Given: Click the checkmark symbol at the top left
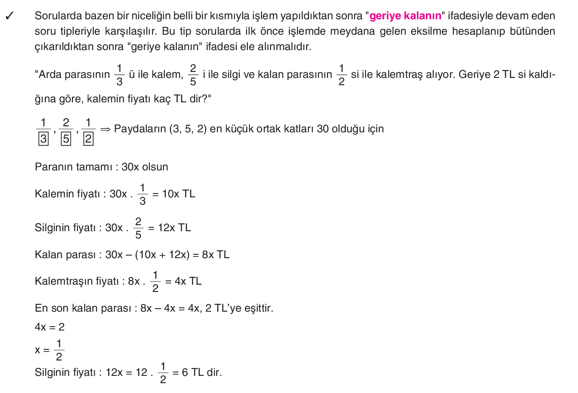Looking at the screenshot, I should pos(9,16).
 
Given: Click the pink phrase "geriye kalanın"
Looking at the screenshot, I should pos(405,16).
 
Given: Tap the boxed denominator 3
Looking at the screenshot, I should pos(43,139).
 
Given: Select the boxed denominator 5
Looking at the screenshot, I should pos(66,139).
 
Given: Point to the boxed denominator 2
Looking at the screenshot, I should pos(88,139).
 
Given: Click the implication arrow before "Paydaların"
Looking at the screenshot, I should pos(105,129).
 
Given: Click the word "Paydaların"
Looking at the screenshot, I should pos(140,129).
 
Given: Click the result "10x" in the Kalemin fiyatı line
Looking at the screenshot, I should pos(170,194).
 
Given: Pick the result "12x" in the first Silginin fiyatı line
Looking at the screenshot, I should pos(166,228).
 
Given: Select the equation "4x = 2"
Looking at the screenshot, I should pos(50,327).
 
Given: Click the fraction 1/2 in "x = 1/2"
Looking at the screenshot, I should pos(59,350).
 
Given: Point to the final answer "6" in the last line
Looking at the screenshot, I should pos(185,372).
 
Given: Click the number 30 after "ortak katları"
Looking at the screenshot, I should pos(323,129).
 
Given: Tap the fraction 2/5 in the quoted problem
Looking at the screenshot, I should pos(193,74).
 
